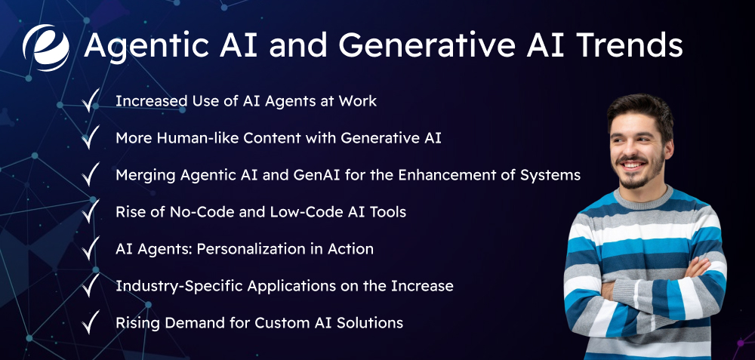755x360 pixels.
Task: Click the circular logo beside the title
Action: pyautogui.click(x=46, y=47)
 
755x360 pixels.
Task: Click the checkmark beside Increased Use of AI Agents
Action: pyautogui.click(x=91, y=100)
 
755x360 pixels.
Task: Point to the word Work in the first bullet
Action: pyautogui.click(x=358, y=101)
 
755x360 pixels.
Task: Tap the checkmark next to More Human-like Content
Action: pyautogui.click(x=91, y=137)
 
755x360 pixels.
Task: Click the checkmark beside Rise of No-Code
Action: pyautogui.click(x=91, y=211)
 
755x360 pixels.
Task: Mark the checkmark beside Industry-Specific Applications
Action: pyautogui.click(x=91, y=285)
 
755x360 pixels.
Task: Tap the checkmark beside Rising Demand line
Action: pyautogui.click(x=91, y=322)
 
